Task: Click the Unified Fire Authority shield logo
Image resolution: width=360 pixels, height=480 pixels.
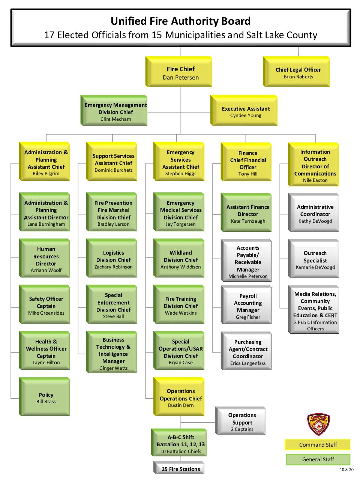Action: click(x=318, y=424)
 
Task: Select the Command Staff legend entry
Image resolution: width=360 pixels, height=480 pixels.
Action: click(x=318, y=445)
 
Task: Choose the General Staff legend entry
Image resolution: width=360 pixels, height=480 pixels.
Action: click(x=318, y=459)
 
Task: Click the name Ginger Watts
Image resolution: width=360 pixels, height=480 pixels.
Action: click(x=113, y=368)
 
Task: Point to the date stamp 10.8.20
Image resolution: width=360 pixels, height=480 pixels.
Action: click(x=346, y=469)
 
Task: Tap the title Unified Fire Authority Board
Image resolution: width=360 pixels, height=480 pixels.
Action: click(x=181, y=21)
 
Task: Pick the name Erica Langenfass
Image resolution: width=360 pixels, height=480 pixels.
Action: click(x=248, y=363)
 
